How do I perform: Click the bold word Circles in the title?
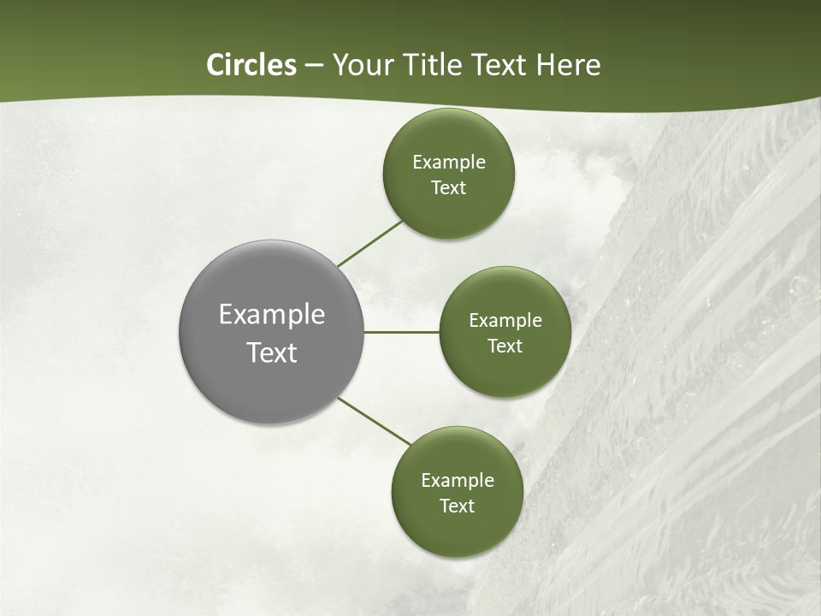(x=251, y=65)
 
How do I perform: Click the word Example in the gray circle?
(x=272, y=315)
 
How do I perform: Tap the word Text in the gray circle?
(x=272, y=352)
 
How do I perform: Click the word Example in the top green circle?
(x=449, y=162)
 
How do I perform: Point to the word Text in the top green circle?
(x=449, y=187)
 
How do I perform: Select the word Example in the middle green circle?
(x=505, y=320)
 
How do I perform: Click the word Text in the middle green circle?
(x=505, y=346)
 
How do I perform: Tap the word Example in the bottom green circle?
(x=458, y=480)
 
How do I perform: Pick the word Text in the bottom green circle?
(x=458, y=506)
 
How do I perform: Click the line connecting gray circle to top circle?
(x=370, y=243)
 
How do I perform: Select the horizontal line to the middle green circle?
(x=402, y=332)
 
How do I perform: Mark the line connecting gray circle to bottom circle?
(x=375, y=421)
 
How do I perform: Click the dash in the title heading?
(x=314, y=65)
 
